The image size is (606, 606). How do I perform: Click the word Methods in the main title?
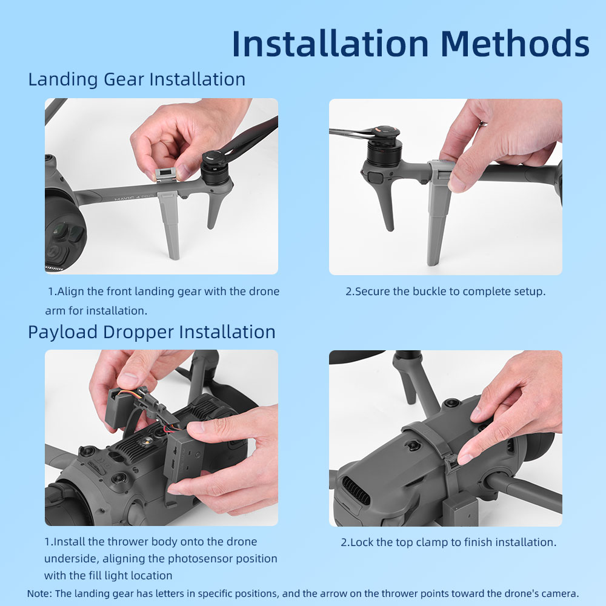tap(514, 43)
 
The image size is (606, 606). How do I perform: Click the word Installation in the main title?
tap(330, 43)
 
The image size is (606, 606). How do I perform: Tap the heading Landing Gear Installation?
tap(137, 79)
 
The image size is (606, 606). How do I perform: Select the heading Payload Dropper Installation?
tap(151, 332)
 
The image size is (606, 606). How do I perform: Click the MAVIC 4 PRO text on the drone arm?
tap(134, 198)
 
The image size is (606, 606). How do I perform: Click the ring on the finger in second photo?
tap(483, 124)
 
